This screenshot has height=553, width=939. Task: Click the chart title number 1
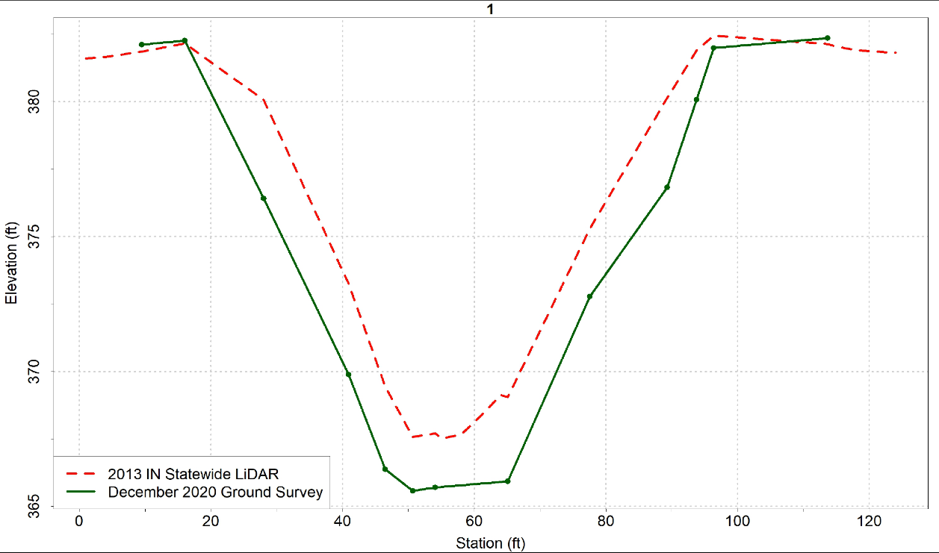(490, 10)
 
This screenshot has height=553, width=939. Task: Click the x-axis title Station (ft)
(490, 543)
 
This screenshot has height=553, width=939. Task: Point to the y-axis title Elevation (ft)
(11, 263)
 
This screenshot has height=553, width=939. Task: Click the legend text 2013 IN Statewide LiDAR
(194, 474)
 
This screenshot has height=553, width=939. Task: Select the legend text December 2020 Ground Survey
(215, 492)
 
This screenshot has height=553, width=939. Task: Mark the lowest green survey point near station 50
(412, 490)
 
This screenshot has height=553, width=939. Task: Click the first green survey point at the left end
(141, 45)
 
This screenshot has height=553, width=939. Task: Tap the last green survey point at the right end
(828, 38)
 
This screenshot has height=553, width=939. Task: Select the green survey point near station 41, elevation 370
(348, 374)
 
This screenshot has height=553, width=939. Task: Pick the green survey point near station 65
(508, 481)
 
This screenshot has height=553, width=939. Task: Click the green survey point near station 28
(264, 198)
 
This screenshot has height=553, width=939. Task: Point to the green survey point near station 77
(589, 296)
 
